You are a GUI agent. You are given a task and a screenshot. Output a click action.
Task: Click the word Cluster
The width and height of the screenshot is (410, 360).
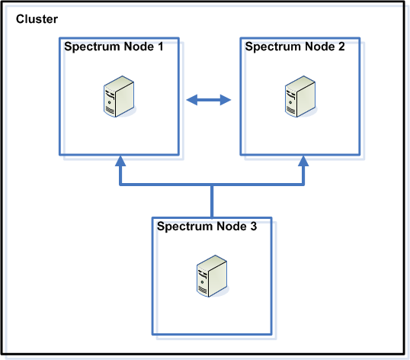37,19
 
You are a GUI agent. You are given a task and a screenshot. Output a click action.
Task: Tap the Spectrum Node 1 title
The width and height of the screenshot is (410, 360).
114,47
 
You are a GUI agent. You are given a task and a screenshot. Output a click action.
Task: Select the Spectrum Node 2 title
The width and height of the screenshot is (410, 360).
295,47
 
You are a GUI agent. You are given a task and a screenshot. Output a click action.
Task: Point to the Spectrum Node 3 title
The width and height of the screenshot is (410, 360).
207,227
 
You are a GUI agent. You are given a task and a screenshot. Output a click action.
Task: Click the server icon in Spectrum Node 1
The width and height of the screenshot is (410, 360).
119,96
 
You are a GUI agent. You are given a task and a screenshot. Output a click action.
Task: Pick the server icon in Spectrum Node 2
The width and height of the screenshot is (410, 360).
300,96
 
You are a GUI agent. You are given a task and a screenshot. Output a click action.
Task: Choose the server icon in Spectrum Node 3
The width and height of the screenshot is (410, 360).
213,276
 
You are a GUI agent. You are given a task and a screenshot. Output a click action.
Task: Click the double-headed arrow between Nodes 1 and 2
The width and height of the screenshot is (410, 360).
209,100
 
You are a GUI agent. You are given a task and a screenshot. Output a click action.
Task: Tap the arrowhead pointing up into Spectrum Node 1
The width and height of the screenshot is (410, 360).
120,161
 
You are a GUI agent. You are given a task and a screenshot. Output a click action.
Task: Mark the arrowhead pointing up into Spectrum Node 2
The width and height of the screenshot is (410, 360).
303,161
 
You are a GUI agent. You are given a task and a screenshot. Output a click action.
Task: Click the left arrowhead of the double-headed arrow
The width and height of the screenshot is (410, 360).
192,100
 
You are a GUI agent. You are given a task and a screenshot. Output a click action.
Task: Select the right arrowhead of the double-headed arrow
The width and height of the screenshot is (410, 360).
226,100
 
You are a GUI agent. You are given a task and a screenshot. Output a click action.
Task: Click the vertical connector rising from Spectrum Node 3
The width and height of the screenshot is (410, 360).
212,201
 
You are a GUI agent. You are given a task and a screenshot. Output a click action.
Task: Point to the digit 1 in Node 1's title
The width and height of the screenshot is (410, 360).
160,47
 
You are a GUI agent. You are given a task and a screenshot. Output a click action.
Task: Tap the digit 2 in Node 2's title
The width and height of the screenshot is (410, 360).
341,47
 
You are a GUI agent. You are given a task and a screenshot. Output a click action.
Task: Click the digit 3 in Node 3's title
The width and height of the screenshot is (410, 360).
254,227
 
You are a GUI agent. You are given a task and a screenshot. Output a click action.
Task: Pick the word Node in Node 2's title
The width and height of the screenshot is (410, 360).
320,47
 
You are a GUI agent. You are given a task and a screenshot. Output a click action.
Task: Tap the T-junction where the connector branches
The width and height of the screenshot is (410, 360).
212,185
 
